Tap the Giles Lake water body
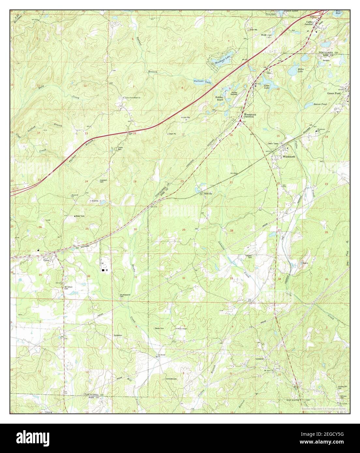(263, 78)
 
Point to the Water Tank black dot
(75, 216)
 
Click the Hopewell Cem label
(104, 181)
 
